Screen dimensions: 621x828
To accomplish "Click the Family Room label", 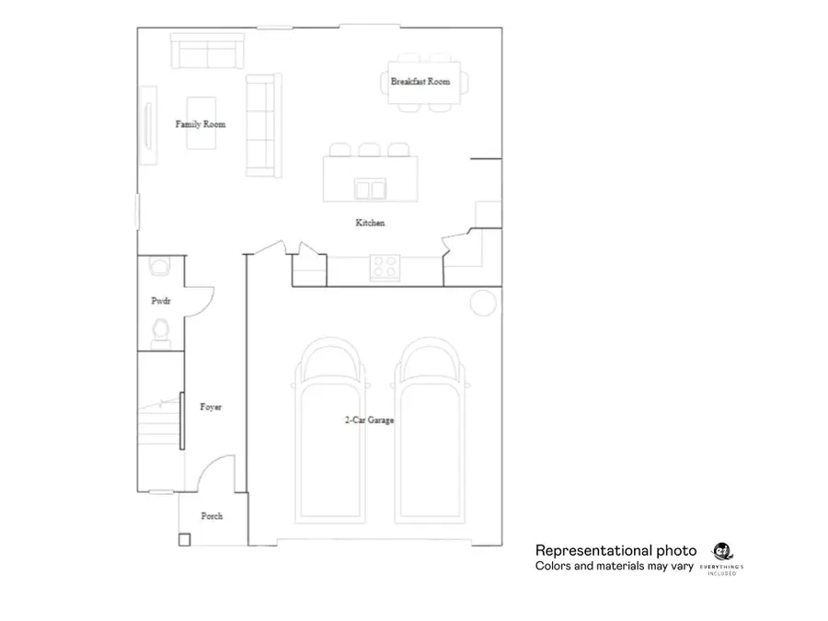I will point(201,124).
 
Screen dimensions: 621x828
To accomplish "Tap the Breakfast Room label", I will point(420,82).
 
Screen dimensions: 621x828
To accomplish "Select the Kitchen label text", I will point(370,223).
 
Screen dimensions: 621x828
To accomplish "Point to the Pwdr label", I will point(161,301).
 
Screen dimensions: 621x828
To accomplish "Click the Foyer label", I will point(211,407).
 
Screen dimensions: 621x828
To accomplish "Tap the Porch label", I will point(212,516).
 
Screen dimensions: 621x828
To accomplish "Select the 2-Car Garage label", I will point(370,420).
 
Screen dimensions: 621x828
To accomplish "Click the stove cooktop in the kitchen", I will point(385,268).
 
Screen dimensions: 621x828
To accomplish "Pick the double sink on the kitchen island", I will point(372,190).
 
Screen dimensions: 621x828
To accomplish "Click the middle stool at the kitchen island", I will point(370,150).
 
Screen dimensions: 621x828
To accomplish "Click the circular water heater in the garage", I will point(482,303).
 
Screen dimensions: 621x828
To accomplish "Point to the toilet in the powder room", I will point(161,329).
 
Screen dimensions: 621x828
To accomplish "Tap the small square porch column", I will point(184,540).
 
